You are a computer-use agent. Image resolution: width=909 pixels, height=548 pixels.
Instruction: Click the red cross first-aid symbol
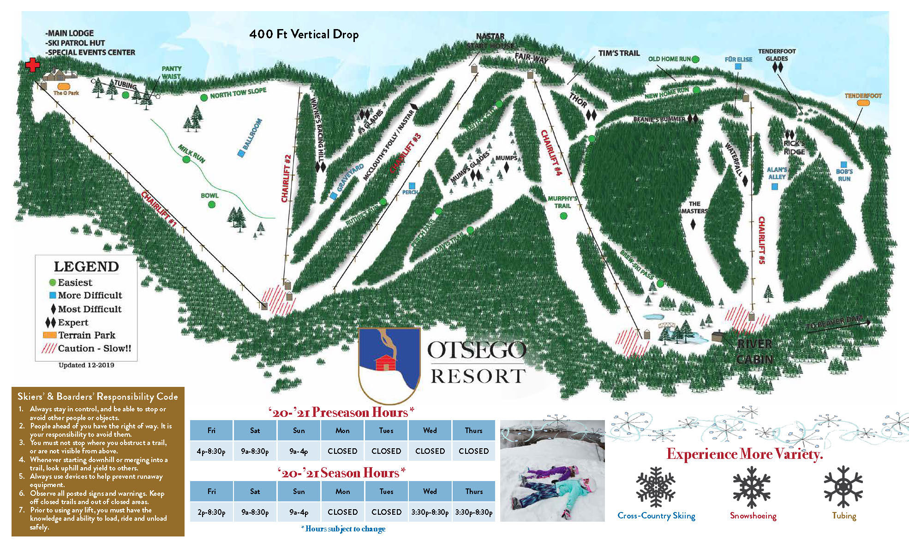32,65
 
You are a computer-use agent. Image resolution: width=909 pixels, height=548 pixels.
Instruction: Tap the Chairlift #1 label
159,209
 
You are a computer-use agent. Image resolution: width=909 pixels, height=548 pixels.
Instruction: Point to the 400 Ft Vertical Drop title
304,34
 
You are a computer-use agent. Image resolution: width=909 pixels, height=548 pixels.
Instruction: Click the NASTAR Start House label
490,41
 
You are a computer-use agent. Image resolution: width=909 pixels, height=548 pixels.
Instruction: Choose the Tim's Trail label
619,53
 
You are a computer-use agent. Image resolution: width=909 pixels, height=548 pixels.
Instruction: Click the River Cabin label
754,351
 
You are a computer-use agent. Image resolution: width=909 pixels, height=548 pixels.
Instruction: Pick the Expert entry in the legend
73,322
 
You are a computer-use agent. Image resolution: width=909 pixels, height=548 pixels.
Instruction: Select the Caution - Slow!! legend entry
94,349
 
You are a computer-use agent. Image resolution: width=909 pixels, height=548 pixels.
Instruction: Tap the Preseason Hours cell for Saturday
255,451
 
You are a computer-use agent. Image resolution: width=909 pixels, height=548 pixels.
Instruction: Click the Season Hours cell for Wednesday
430,512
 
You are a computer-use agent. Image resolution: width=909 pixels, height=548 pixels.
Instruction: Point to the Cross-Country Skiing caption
656,516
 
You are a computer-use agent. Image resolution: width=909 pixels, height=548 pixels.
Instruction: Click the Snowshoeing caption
753,516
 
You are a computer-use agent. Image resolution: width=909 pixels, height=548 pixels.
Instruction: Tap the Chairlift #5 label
761,240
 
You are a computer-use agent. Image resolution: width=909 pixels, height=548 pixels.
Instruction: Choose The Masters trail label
694,207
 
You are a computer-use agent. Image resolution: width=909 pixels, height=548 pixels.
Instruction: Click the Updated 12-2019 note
86,365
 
